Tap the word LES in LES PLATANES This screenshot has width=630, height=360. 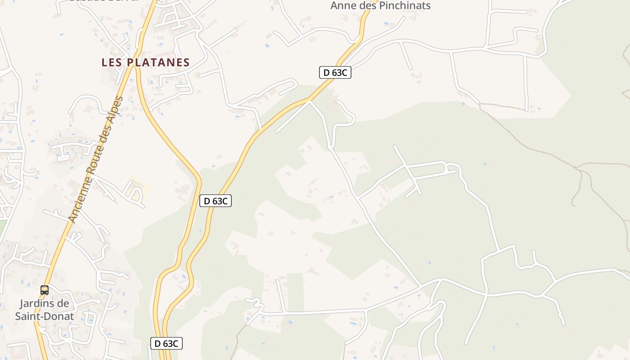pos(112,62)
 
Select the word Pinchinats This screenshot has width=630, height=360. pos(405,5)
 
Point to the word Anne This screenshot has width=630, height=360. pos(342,5)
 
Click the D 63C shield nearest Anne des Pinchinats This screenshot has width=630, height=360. pos(335,72)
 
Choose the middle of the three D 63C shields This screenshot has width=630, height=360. pos(216,201)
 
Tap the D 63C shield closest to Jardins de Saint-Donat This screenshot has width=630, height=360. pos(166,344)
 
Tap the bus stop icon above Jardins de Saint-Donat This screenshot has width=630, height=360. pos(44,290)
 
